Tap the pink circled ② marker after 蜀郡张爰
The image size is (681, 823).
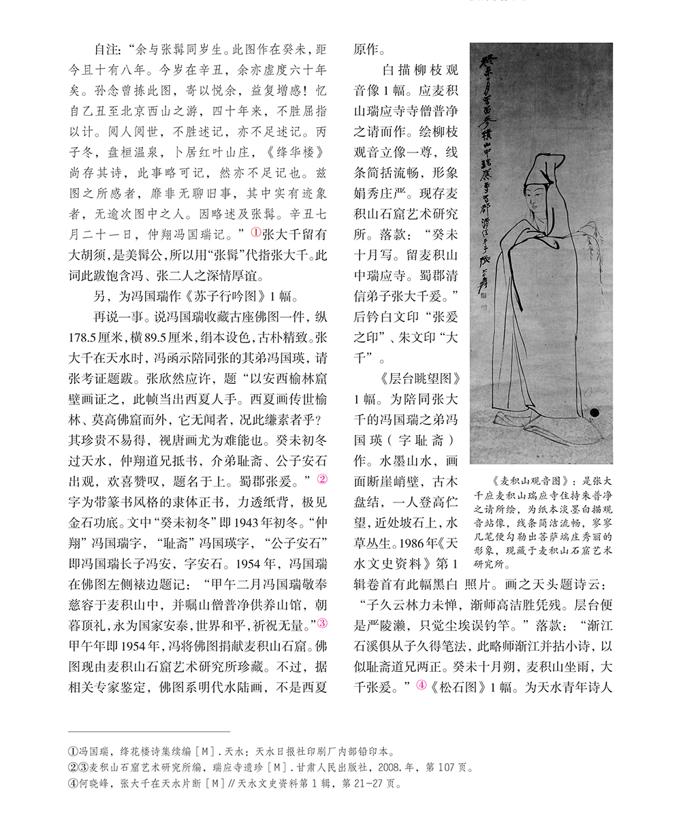(323, 480)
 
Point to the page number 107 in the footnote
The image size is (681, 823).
(446, 767)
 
